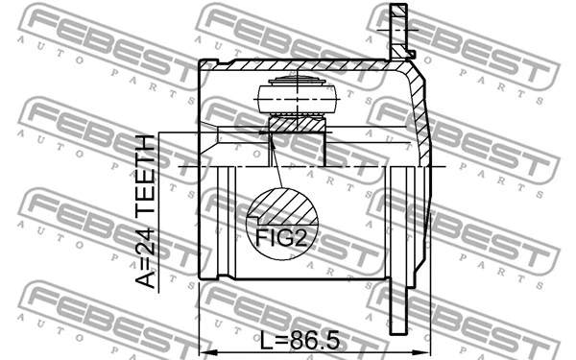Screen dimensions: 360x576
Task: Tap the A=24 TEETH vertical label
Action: coord(144,211)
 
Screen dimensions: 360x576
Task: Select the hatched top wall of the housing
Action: coord(298,64)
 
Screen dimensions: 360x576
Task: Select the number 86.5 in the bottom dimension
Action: coord(318,340)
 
